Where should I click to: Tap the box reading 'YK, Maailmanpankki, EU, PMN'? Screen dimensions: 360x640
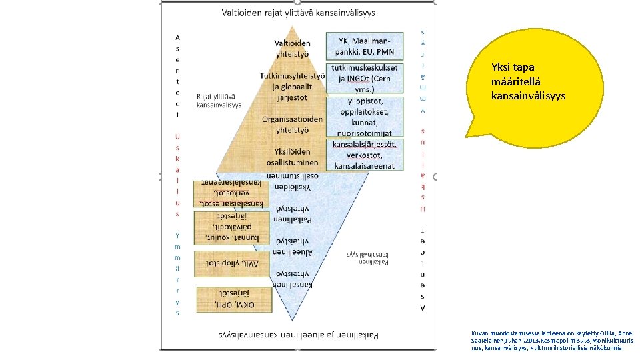pyautogui.click(x=365, y=45)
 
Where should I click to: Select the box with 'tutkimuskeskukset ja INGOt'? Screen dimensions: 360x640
pyautogui.click(x=365, y=78)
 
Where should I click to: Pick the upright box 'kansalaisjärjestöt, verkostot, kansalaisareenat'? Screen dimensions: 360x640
pyautogui.click(x=365, y=155)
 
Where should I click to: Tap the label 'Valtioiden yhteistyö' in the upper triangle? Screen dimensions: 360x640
pyautogui.click(x=292, y=49)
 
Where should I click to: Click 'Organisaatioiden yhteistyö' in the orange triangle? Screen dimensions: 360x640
pyautogui.click(x=292, y=124)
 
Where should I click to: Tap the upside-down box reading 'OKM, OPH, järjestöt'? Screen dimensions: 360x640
pyautogui.click(x=235, y=299)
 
